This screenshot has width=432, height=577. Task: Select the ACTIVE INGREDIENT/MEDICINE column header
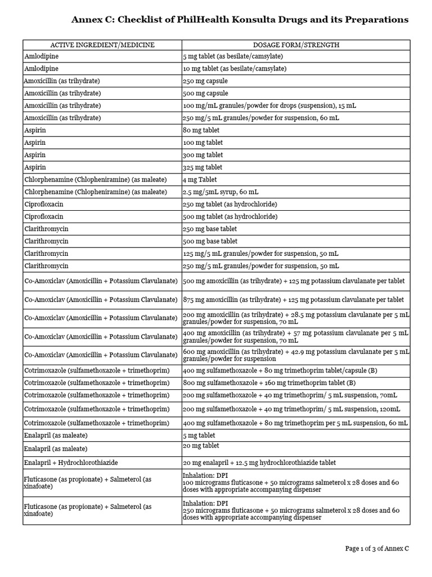point(102,45)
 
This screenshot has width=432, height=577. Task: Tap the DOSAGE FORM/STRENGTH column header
point(296,45)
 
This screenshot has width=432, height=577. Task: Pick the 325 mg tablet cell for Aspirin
point(204,167)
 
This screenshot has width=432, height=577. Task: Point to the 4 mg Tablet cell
point(201,180)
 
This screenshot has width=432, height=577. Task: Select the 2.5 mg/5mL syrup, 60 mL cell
point(220,192)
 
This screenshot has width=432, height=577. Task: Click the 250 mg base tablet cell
point(210,229)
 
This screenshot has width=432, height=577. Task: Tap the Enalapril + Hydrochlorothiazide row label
point(71,463)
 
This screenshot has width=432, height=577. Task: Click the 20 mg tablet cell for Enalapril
point(202,445)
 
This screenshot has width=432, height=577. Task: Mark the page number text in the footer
point(376,548)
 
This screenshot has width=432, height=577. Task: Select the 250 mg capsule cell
point(205,81)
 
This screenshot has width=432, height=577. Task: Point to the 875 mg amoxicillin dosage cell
point(293,299)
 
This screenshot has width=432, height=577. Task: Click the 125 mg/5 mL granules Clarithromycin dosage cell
point(261,254)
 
